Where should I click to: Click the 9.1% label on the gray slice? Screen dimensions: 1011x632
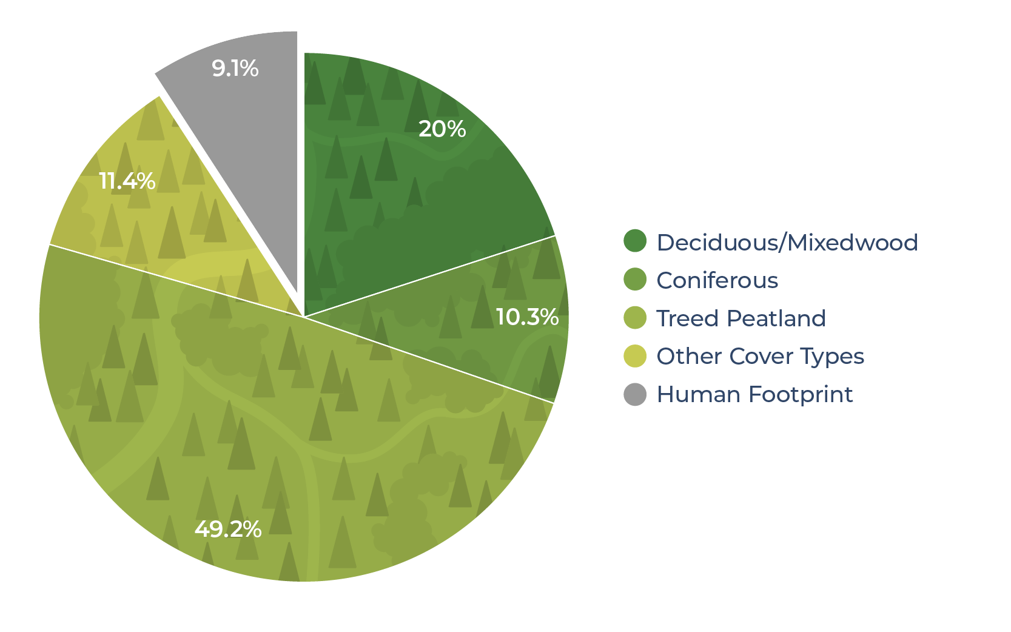[x=235, y=69]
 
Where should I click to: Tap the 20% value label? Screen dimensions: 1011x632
[x=442, y=129]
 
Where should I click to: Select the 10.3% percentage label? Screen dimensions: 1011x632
[x=527, y=317]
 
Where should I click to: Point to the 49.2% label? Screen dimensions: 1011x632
[x=228, y=529]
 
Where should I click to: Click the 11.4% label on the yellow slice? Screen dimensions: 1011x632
[x=127, y=181]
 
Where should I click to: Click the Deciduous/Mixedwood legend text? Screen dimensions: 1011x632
[x=787, y=243]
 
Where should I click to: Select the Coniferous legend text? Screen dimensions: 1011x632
[x=717, y=280]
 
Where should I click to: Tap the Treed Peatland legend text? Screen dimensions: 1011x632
[x=741, y=318]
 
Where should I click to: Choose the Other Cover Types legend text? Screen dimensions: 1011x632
[x=760, y=357]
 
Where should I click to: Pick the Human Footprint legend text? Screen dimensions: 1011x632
[x=754, y=395]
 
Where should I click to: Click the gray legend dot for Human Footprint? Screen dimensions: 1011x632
[x=635, y=395]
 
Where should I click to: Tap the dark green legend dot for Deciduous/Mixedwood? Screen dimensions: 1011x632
[x=635, y=241]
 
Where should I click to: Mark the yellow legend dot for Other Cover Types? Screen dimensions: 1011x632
[x=635, y=356]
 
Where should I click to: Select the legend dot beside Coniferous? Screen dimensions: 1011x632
[x=635, y=280]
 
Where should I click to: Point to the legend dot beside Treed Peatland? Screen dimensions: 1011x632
[x=635, y=318]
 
